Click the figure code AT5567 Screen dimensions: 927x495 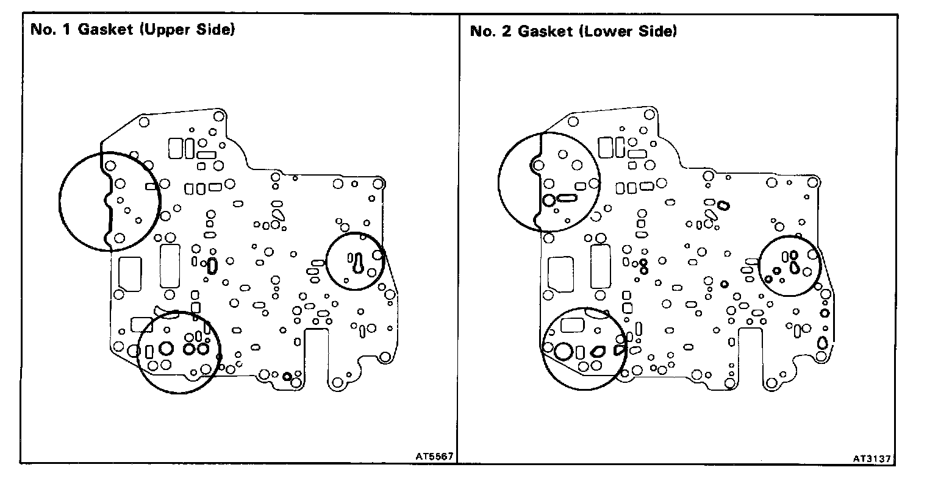[434, 455]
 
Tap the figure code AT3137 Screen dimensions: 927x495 [874, 455]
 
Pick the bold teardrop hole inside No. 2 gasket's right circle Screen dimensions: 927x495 [795, 266]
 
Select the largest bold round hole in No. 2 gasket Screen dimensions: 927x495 [564, 351]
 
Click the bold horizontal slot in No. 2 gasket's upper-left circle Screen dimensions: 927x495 [567, 198]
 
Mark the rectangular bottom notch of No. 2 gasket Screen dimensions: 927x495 [751, 354]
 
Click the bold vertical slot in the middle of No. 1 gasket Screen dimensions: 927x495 [212, 265]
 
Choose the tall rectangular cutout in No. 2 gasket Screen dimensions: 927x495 [600, 266]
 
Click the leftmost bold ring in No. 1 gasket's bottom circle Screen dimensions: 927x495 [166, 349]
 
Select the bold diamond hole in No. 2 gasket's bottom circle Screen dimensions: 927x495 [598, 351]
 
